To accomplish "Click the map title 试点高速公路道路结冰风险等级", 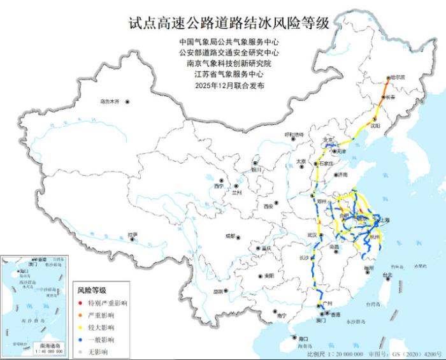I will tap(229, 24).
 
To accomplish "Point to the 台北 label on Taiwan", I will tap(387, 276).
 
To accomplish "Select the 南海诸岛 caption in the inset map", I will tap(48, 345).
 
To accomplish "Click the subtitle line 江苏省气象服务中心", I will tap(229, 74).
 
